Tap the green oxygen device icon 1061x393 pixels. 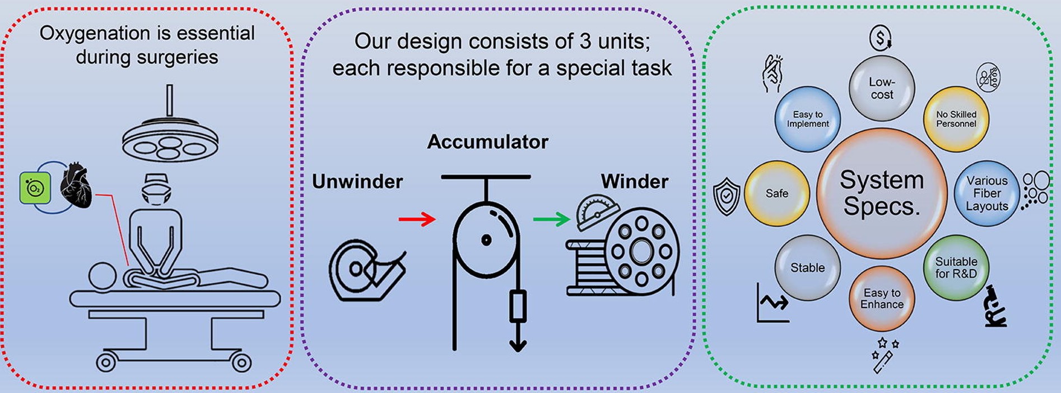click(35, 188)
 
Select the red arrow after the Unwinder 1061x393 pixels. click(417, 219)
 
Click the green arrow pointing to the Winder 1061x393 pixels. click(551, 219)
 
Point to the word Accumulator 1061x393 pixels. click(487, 142)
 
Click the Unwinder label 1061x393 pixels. click(357, 182)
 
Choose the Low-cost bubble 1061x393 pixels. click(882, 89)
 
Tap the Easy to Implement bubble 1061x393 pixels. click(807, 119)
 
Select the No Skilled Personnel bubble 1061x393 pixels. click(956, 119)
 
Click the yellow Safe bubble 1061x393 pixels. click(777, 193)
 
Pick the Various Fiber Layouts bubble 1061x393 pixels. click(986, 193)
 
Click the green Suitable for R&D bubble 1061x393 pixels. click(956, 268)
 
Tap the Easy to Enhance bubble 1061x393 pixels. click(882, 299)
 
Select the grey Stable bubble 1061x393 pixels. click(807, 268)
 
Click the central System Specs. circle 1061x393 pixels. click(882, 193)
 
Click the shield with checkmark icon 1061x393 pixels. click(727, 196)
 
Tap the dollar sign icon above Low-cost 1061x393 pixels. click(881, 38)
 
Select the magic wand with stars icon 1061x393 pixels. click(883, 355)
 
